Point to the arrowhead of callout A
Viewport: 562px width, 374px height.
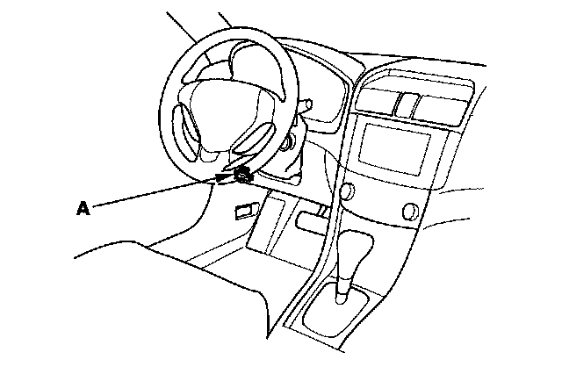click(x=229, y=176)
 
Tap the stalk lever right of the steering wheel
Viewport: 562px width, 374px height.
click(x=306, y=105)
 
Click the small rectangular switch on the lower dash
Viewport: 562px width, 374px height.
click(x=243, y=210)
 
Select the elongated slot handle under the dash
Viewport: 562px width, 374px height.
click(x=313, y=220)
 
